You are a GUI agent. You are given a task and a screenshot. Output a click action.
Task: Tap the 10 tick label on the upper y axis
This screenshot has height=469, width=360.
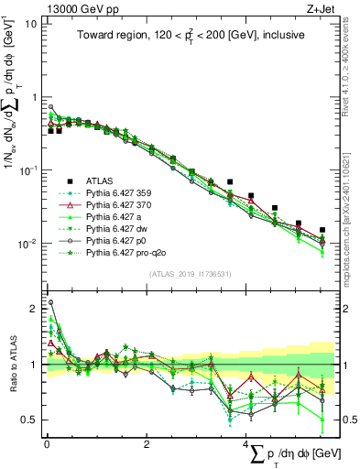coord(29,24)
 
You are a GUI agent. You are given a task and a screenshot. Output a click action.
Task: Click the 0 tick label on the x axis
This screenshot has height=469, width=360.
coord(46,443)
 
